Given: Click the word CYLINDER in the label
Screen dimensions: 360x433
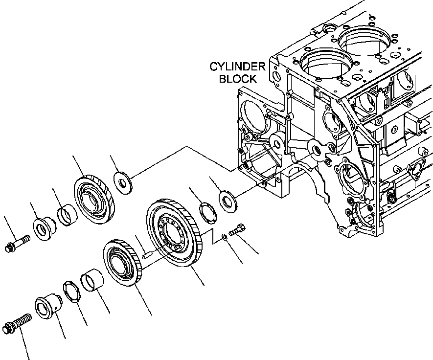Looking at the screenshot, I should [237, 67].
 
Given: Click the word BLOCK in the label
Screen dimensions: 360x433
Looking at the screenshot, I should [237, 78].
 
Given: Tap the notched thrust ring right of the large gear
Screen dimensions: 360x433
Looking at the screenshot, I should [207, 213].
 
